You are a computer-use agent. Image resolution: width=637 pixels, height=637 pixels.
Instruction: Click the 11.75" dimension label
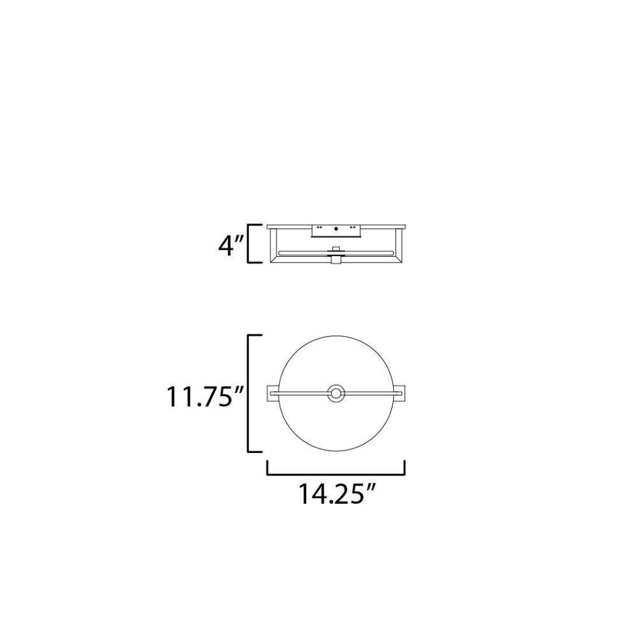click(x=204, y=396)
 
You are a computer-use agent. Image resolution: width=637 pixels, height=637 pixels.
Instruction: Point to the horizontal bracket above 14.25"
click(x=336, y=474)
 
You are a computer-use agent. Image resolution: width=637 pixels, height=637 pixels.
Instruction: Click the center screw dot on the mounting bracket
click(x=336, y=229)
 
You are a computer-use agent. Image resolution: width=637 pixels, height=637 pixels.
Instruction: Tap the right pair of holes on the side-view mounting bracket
click(x=353, y=227)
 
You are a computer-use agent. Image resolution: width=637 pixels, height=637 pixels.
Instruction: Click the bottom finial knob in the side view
click(x=336, y=260)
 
